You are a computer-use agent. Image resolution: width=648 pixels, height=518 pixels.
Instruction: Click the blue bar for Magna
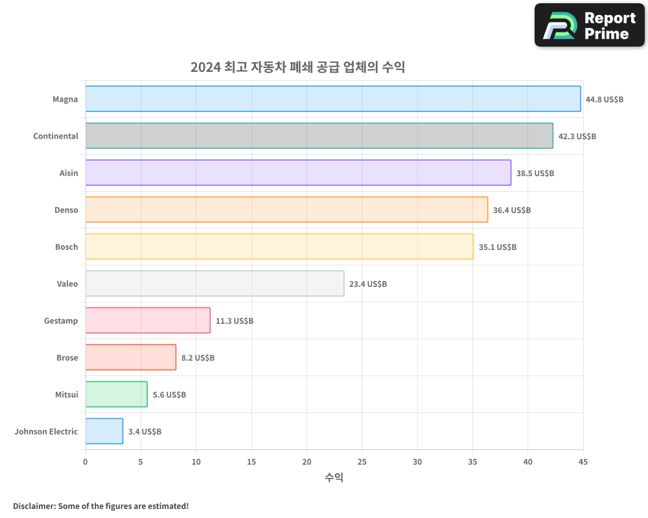point(333,99)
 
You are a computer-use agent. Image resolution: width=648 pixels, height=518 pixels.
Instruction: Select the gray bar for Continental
point(319,136)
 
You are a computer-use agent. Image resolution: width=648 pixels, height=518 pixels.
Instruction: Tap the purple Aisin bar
point(298,173)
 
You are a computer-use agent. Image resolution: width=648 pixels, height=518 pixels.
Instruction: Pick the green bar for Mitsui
point(116,394)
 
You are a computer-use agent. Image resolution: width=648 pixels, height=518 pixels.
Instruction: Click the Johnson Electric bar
point(104,431)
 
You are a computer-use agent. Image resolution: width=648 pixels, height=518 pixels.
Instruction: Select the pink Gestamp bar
point(148,321)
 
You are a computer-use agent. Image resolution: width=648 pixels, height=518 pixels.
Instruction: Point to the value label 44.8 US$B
point(604,100)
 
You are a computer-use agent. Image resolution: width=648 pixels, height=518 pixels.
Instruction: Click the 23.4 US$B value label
point(367,284)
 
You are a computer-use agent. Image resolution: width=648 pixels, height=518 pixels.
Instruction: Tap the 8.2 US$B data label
point(198,358)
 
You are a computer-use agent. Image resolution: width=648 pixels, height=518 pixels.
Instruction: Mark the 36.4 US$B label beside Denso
point(511,210)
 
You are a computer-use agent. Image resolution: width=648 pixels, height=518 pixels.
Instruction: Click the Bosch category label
point(66,247)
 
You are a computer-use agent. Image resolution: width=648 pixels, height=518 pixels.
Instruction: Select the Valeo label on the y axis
point(67,284)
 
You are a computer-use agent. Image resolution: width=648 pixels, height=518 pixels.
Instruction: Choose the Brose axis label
point(67,357)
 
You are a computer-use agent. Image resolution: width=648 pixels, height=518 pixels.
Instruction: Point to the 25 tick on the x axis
point(362,462)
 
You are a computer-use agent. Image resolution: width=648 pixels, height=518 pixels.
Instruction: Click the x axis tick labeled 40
point(527,462)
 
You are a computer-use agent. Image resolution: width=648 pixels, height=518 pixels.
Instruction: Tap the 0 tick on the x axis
point(86,462)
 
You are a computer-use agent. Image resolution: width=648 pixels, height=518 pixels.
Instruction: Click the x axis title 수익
point(334,478)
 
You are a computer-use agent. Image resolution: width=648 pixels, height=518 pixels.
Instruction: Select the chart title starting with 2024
point(297,67)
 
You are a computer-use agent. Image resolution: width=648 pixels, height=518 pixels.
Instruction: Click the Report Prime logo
point(590,25)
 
